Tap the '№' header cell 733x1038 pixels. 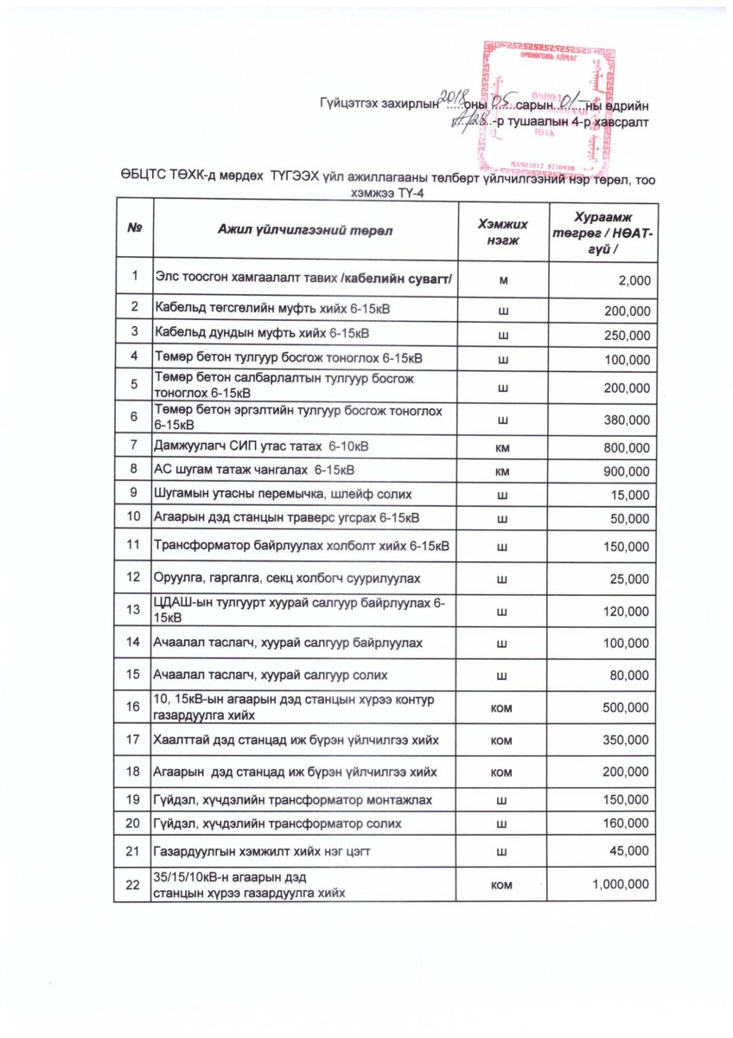(x=134, y=230)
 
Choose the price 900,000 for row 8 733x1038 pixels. (x=627, y=471)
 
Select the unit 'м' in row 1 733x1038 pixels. (x=503, y=280)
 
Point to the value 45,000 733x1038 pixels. (x=630, y=852)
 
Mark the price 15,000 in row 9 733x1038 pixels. (x=630, y=495)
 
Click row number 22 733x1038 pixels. (x=133, y=884)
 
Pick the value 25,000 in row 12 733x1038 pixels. (x=630, y=577)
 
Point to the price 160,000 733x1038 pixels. (x=627, y=823)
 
